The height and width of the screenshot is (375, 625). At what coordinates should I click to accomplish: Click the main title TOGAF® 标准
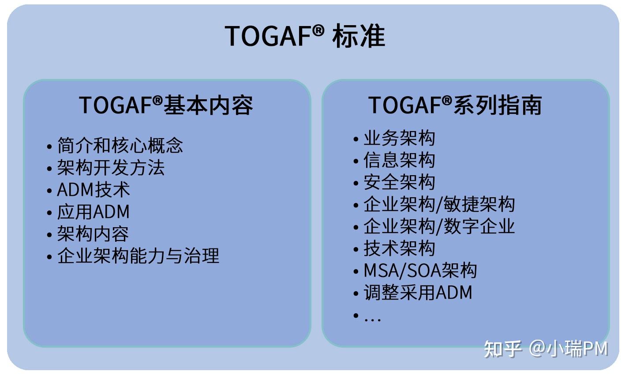tap(305, 36)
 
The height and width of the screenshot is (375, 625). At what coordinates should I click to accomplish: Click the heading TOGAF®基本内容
tap(166, 105)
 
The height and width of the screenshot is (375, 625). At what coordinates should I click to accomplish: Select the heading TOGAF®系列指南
tap(455, 105)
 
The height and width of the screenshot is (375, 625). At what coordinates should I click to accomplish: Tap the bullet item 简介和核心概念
tap(120, 146)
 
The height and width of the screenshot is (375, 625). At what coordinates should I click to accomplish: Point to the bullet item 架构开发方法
tap(111, 168)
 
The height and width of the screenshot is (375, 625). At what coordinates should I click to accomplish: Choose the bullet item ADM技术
tap(94, 190)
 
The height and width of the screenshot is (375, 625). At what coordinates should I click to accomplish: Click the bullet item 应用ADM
tap(93, 212)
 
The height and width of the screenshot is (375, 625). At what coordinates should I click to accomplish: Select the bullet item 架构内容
tap(93, 234)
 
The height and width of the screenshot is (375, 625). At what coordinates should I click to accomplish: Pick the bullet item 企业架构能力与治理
tap(138, 256)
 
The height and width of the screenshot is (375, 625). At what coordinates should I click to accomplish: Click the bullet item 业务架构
tap(399, 138)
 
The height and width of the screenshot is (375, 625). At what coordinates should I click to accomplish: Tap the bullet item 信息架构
tap(399, 160)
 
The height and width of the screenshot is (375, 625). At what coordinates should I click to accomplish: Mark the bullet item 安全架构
tap(399, 182)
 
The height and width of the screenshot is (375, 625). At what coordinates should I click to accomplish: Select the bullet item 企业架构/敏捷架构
tap(439, 204)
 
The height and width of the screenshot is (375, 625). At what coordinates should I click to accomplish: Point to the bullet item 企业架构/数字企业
tap(439, 226)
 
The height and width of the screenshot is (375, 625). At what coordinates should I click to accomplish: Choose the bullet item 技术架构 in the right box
tap(399, 248)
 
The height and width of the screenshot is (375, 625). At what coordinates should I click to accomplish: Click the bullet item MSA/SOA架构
tap(420, 270)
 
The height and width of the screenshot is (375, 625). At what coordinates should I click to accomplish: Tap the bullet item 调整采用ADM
tap(418, 292)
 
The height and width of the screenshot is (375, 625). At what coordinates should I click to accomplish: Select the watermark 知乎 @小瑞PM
tap(546, 349)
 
